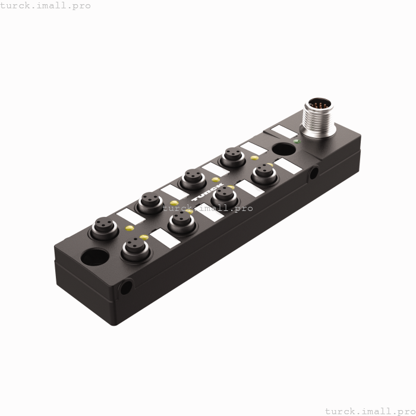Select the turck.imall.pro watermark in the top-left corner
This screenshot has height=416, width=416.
[45, 5]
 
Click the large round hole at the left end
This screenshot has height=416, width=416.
[95, 259]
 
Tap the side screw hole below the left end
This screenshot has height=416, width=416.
[126, 288]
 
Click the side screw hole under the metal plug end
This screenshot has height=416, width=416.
[313, 173]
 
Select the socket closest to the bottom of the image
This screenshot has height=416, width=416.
[135, 248]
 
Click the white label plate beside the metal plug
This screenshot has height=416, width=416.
[283, 131]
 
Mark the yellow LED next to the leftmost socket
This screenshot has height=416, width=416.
[129, 228]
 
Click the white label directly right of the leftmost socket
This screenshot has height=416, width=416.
[131, 216]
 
